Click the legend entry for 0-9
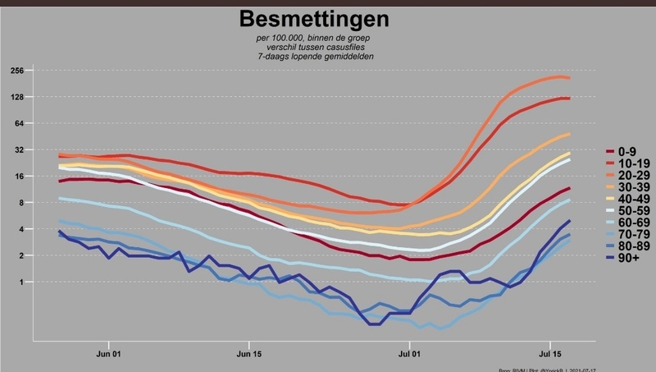point(627,152)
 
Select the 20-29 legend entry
point(631,176)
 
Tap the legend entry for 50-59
point(631,211)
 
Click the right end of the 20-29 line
point(569,78)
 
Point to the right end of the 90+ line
point(569,220)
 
